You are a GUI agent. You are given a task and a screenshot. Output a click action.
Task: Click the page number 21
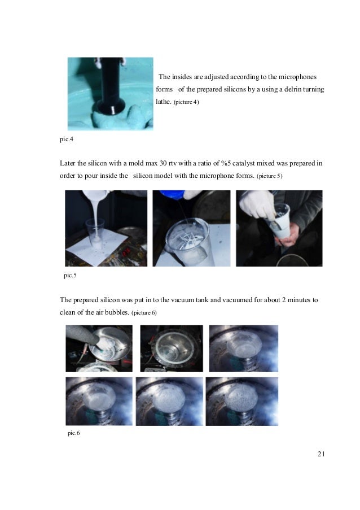(321, 454)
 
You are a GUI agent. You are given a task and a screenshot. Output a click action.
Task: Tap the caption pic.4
(66, 139)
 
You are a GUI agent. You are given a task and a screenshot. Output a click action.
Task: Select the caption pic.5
(70, 275)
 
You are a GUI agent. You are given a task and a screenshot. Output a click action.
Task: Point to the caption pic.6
(73, 433)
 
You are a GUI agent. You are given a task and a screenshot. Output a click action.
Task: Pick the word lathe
(164, 102)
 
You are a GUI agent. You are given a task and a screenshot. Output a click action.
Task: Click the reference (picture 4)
(186, 102)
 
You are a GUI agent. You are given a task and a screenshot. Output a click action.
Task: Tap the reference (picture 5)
(269, 176)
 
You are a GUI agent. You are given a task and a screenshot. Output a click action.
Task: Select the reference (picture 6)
(144, 312)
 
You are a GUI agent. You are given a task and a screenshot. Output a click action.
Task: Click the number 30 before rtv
(163, 163)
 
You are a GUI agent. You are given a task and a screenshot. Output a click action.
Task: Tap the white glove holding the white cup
(258, 205)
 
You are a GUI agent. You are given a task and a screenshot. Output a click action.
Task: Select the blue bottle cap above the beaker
(172, 194)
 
